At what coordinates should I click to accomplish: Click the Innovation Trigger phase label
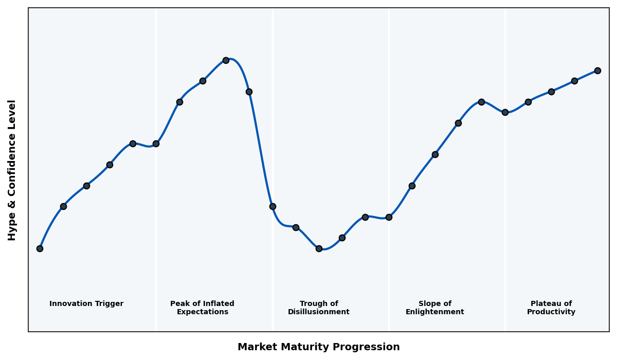click(x=86, y=304)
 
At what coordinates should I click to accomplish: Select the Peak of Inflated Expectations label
click(x=202, y=308)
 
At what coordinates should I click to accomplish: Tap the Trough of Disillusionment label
click(x=319, y=308)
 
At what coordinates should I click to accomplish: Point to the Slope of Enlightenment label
click(x=434, y=308)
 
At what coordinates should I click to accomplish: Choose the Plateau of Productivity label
click(x=551, y=308)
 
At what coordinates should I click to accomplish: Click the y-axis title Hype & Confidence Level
click(x=12, y=170)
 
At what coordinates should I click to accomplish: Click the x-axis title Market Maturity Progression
click(x=319, y=347)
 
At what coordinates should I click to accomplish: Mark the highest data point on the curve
click(x=226, y=60)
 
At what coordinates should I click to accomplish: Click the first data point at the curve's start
click(x=40, y=248)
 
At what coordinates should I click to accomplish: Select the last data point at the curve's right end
click(x=597, y=70)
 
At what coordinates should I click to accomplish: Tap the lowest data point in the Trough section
click(x=319, y=248)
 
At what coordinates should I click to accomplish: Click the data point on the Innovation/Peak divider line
click(x=156, y=143)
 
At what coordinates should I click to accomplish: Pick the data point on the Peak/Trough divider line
click(x=273, y=206)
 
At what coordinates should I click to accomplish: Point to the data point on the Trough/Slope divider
click(x=389, y=217)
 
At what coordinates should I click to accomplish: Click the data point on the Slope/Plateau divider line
click(x=505, y=112)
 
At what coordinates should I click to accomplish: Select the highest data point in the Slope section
click(x=481, y=102)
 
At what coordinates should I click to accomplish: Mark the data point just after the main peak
click(x=249, y=92)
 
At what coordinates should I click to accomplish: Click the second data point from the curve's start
click(x=63, y=206)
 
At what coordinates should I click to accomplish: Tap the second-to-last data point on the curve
click(x=574, y=81)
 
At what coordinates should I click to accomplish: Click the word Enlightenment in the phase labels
click(x=434, y=312)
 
